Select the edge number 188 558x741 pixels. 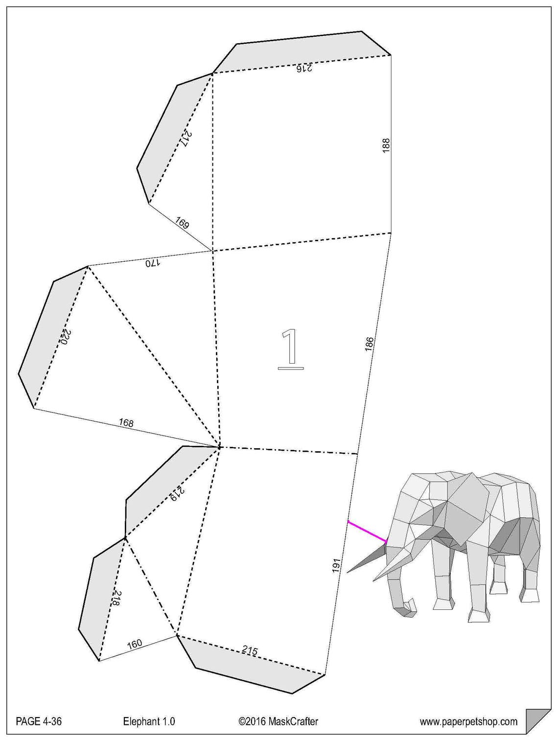pyautogui.click(x=386, y=145)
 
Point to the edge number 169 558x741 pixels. pyautogui.click(x=182, y=224)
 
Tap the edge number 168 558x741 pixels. pyautogui.click(x=126, y=422)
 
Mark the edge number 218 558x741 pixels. pyautogui.click(x=116, y=599)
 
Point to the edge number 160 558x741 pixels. pyautogui.click(x=134, y=643)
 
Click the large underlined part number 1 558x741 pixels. pyautogui.click(x=291, y=348)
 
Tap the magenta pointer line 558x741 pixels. pyautogui.click(x=367, y=532)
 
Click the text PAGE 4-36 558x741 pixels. pyautogui.click(x=39, y=721)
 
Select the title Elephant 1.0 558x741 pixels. pyautogui.click(x=149, y=721)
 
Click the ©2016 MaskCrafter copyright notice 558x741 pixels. pyautogui.click(x=278, y=721)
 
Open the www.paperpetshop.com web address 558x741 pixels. pyautogui.click(x=468, y=721)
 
